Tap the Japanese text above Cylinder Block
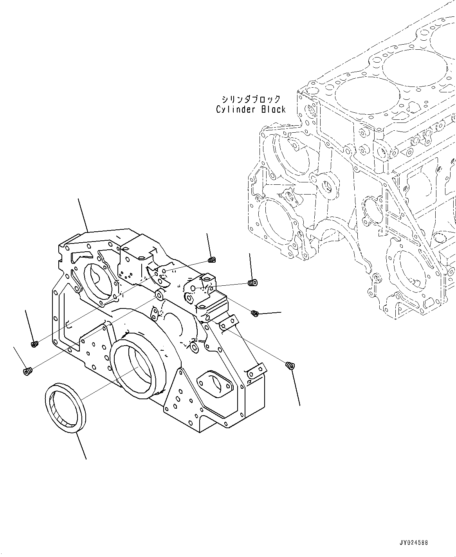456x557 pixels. tap(251, 99)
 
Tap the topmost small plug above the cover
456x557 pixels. tap(213, 259)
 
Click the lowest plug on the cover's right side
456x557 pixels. tap(290, 366)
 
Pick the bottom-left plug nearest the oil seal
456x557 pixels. tap(27, 371)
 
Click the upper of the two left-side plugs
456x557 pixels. tap(34, 344)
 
